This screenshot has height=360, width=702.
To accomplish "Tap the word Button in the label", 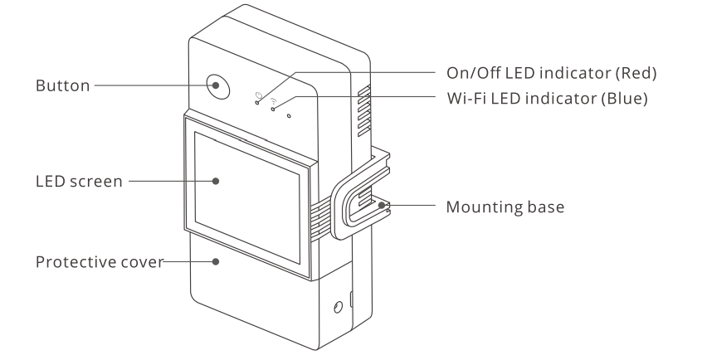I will (63, 85).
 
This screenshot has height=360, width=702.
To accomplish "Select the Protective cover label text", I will (99, 262).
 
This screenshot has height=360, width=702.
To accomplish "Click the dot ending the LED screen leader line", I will (216, 181).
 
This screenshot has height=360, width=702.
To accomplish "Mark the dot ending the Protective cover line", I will (216, 262).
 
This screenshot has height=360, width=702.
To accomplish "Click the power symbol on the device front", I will (260, 93).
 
